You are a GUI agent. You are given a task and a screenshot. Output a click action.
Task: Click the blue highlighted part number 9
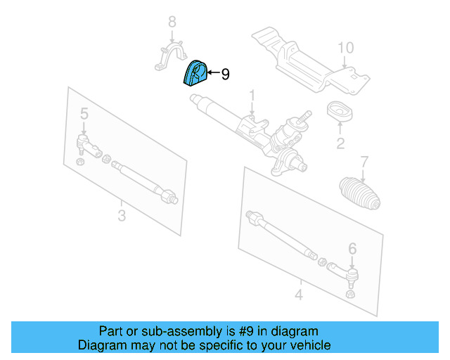coord(193,73)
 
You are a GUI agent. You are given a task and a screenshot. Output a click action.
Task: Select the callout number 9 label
coord(225,74)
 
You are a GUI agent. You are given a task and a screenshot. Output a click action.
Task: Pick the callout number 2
coord(340,145)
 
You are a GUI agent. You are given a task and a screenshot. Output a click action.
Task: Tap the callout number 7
coord(364,162)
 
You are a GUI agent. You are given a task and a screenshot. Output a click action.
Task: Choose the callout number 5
coord(84,113)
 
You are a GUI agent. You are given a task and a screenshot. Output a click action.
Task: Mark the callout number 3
coord(122,215)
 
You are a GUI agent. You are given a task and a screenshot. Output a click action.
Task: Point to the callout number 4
coord(298,295)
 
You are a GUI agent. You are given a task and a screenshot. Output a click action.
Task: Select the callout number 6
coord(352,247)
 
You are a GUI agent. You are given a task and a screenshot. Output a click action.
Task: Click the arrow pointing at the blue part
coord(212,73)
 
